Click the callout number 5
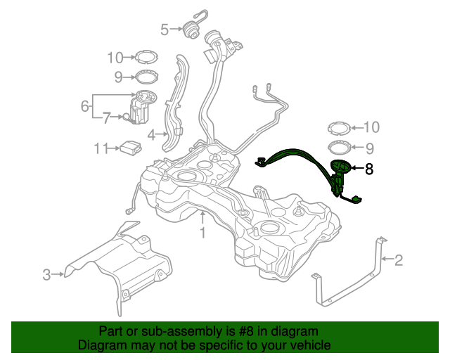tap(165, 30)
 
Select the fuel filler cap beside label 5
tap(190, 31)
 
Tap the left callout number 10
tap(115, 58)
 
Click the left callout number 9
tap(118, 77)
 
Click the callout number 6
tap(85, 106)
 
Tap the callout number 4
tap(151, 133)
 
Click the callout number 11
tap(101, 148)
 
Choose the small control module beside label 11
tap(129, 148)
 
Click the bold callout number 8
tap(369, 169)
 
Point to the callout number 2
tap(399, 261)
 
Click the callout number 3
tap(46, 275)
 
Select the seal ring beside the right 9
tap(339, 148)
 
